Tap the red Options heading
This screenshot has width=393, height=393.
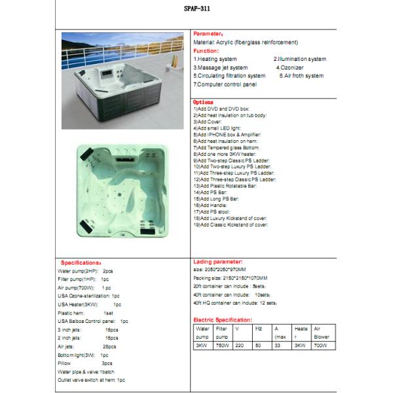click(x=204, y=103)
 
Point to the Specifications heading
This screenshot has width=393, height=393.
click(x=81, y=262)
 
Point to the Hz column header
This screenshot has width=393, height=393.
click(x=259, y=327)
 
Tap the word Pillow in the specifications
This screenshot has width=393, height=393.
click(x=65, y=362)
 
